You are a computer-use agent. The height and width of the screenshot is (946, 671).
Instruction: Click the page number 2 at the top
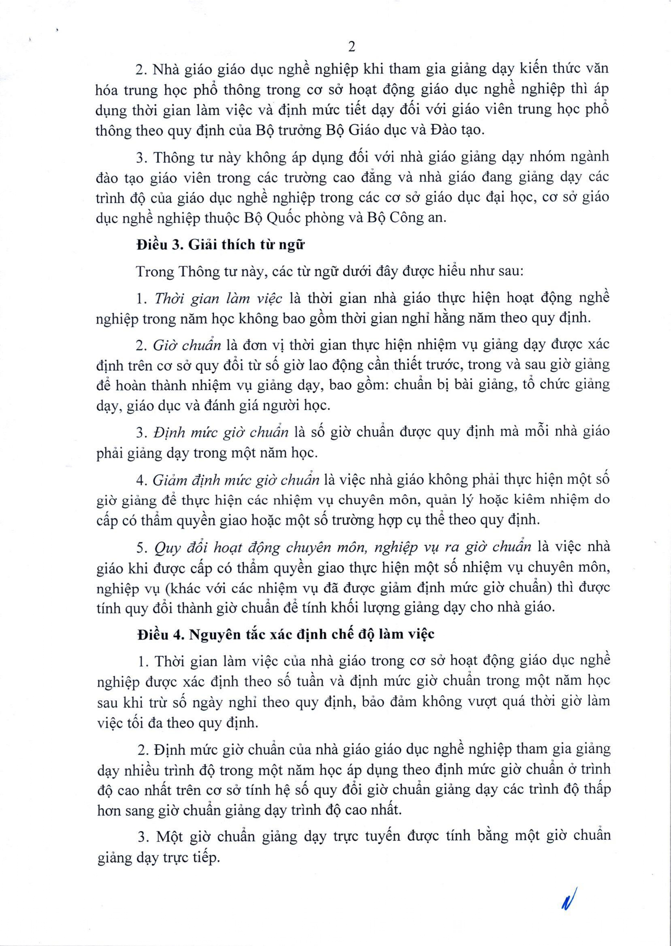pyautogui.click(x=352, y=47)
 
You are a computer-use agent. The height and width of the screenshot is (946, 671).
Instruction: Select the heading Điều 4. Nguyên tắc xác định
pyautogui.click(x=286, y=634)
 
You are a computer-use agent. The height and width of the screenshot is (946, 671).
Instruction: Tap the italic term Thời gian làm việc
pyautogui.click(x=218, y=298)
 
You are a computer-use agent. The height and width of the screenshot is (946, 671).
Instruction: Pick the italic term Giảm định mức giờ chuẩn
pyautogui.click(x=236, y=480)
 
